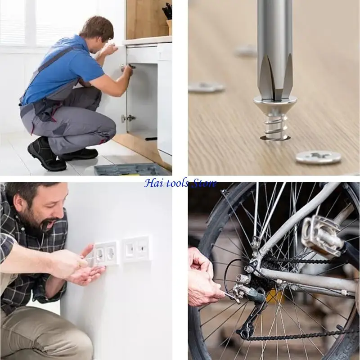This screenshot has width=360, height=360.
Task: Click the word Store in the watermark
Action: click(204, 183)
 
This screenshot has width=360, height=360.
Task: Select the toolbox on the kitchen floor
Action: click(131, 169)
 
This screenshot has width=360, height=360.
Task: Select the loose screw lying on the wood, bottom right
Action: click(318, 157)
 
